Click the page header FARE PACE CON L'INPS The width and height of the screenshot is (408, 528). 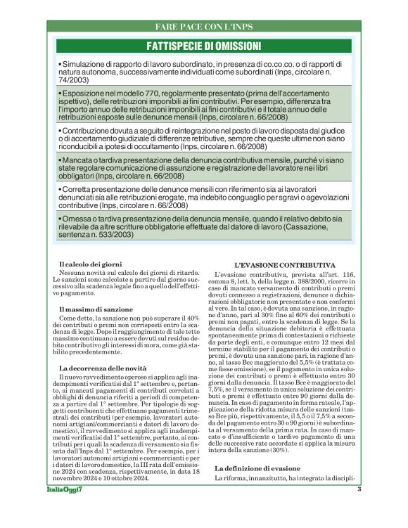coord(203,27)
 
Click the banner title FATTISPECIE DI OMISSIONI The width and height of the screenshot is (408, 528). coord(203,46)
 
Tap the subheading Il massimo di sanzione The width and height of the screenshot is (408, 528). coord(94,309)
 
